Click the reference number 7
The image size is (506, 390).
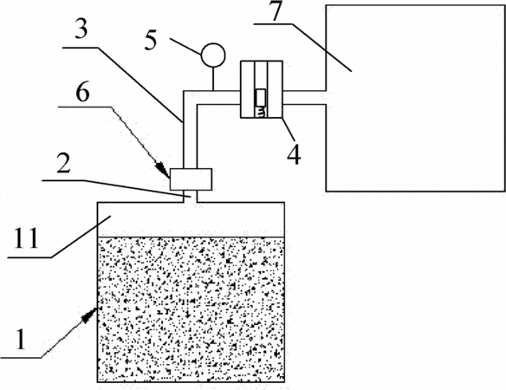coord(277,10)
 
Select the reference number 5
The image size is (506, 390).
coord(151,41)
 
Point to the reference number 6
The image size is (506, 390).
coord(82,93)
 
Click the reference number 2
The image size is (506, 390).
coord(63,163)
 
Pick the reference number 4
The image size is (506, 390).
coord(294,154)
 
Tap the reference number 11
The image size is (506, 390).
coord(26,238)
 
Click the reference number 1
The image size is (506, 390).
coord(21,340)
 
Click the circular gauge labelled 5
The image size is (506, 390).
coord(213,55)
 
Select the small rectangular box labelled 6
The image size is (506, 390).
coord(191,179)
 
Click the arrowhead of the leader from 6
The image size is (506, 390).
coord(162,169)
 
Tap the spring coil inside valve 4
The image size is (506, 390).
coord(261,112)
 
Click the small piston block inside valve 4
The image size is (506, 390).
coord(261,97)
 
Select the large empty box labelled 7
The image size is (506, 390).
coord(416,98)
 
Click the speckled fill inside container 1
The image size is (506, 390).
coord(191,309)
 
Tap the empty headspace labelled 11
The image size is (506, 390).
coord(191,220)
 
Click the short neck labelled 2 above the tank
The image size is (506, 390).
coord(191,196)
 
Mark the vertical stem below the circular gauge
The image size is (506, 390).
coord(213,79)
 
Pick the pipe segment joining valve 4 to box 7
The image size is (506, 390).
coord(304,97)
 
